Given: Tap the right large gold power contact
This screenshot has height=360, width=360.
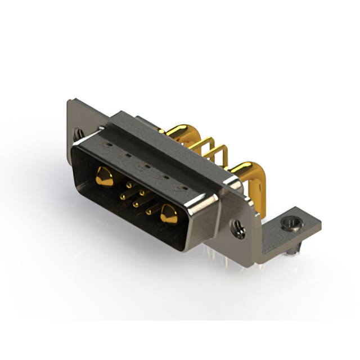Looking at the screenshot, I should [x=168, y=214].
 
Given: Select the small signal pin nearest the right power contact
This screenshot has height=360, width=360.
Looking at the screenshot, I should [x=150, y=212].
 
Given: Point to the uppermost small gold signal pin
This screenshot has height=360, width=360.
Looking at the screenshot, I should [x=129, y=184].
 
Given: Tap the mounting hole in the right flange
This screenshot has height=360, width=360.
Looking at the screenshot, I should [x=239, y=228].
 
